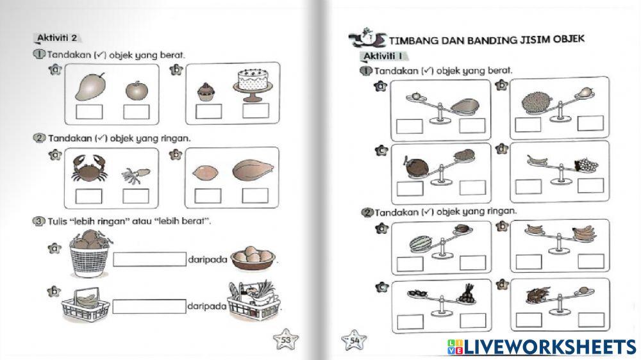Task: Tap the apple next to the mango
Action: (x=135, y=90)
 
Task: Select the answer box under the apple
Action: (x=136, y=112)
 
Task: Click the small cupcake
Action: (x=204, y=92)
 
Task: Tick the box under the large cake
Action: (x=255, y=111)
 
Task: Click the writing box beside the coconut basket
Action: (x=149, y=259)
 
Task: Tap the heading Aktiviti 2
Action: (x=57, y=37)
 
